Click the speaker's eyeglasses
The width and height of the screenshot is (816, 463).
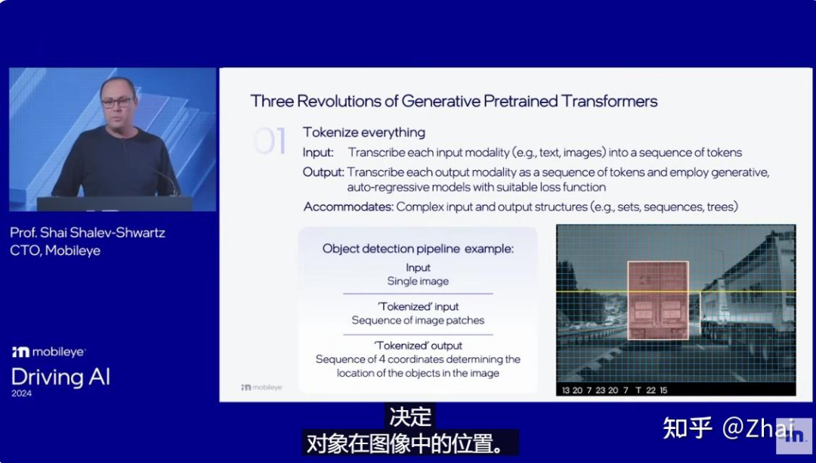(116, 102)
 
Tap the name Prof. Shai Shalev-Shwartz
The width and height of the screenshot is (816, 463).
(88, 233)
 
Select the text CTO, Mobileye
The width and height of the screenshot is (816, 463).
(55, 250)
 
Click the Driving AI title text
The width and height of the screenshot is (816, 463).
(60, 377)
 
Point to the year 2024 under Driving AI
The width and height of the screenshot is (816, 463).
(21, 393)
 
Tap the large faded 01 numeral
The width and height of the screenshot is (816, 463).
(270, 141)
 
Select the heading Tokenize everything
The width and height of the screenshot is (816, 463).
(363, 132)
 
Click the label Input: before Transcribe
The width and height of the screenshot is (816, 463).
(318, 153)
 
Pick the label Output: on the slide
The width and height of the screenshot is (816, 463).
(323, 172)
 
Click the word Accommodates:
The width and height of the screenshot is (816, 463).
(348, 207)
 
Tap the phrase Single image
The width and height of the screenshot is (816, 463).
(418, 281)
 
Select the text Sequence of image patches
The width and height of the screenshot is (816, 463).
(418, 320)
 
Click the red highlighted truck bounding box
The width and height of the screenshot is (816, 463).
(658, 300)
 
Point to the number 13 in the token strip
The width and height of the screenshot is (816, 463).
(566, 390)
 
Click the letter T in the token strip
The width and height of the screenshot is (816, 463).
(638, 390)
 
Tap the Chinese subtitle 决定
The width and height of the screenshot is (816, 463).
(410, 417)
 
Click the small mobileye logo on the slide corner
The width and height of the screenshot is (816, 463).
(261, 387)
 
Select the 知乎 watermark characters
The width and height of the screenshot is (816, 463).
(687, 428)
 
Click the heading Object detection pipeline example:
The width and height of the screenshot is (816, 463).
(418, 249)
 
